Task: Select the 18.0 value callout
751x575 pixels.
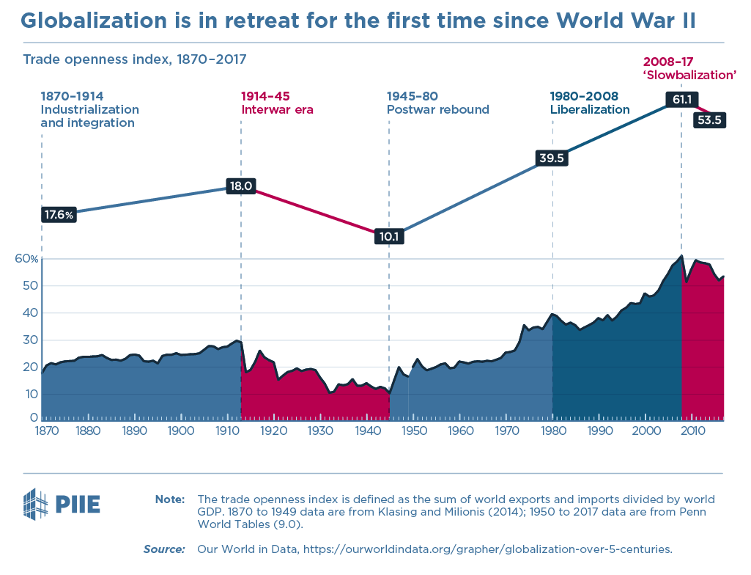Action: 241,186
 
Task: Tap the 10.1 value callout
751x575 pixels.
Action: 389,237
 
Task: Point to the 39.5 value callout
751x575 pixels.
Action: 553,157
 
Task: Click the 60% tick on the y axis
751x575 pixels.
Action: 26,259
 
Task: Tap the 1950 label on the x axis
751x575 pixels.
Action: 414,431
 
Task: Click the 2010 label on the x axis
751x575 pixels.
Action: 692,431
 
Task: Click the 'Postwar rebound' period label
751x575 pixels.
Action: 437,110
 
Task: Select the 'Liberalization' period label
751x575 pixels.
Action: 590,110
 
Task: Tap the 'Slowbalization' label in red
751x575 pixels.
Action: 689,75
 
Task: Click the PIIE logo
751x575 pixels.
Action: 62,504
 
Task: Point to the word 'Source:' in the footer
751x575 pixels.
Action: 163,549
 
